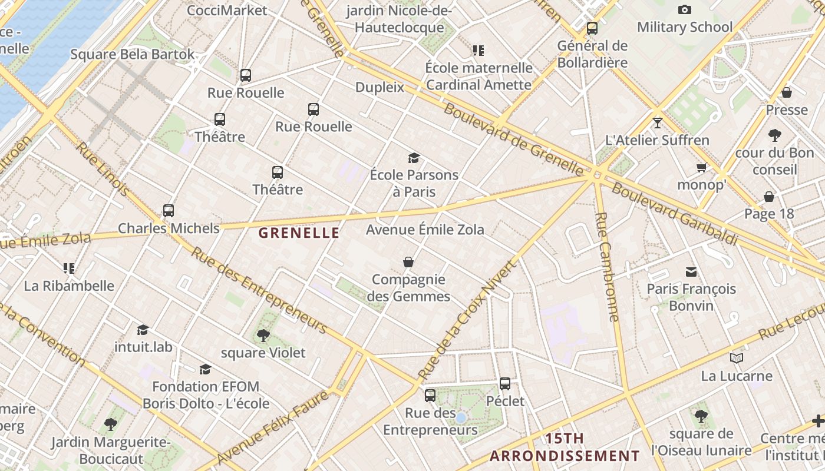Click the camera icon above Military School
pyautogui.click(x=684, y=9)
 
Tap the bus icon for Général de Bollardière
pyautogui.click(x=592, y=28)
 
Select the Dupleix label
pyautogui.click(x=379, y=87)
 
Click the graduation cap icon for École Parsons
pyautogui.click(x=414, y=158)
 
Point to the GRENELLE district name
pyautogui.click(x=299, y=233)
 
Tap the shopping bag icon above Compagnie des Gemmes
pyautogui.click(x=408, y=261)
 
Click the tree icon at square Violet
pyautogui.click(x=263, y=336)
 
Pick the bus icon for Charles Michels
pyautogui.click(x=169, y=210)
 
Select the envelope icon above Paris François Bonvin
pyautogui.click(x=691, y=271)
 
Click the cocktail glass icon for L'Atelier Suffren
pyautogui.click(x=658, y=123)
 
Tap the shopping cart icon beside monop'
pyautogui.click(x=702, y=168)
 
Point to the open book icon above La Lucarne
pyautogui.click(x=736, y=358)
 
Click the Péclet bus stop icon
pyautogui.click(x=505, y=384)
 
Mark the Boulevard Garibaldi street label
pyautogui.click(x=675, y=214)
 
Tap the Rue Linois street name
pyautogui.click(x=103, y=169)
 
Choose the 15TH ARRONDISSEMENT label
pyautogui.click(x=565, y=447)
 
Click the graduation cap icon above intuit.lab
pyautogui.click(x=143, y=330)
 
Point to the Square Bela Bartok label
pyautogui.click(x=132, y=55)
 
